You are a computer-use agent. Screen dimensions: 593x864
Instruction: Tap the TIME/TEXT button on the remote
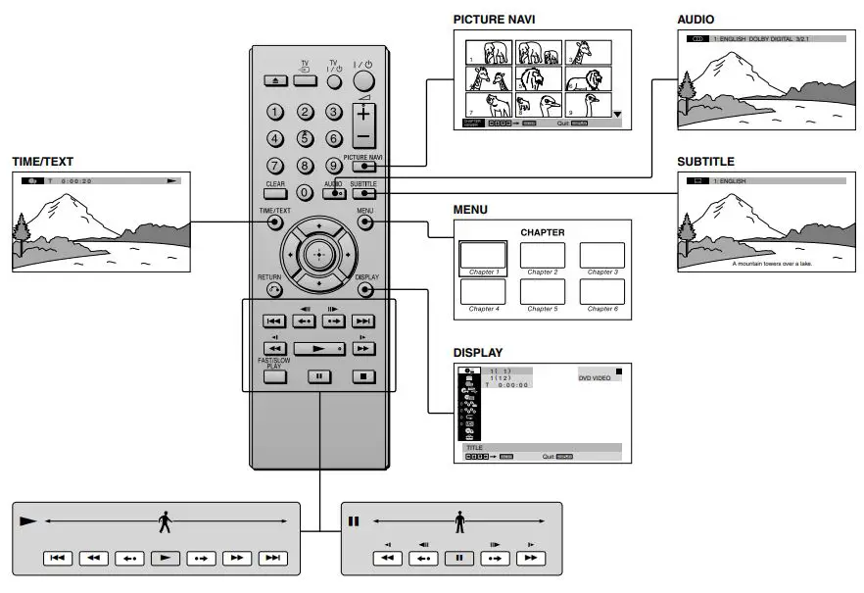click(x=274, y=222)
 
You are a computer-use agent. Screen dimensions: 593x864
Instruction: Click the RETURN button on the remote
click(x=273, y=289)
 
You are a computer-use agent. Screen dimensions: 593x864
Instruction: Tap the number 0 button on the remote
click(x=305, y=192)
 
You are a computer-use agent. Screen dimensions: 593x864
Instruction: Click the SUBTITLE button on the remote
click(x=363, y=193)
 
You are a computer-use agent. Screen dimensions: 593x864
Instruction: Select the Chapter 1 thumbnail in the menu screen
click(x=483, y=255)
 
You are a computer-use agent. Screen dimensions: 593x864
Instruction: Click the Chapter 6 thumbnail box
click(x=601, y=291)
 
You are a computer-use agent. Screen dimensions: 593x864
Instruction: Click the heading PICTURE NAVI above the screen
click(x=493, y=19)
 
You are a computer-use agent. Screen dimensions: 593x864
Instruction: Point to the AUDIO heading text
click(x=696, y=19)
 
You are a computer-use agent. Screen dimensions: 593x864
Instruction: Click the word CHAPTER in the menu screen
click(x=542, y=232)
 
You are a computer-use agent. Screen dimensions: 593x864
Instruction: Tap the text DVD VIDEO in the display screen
click(x=595, y=377)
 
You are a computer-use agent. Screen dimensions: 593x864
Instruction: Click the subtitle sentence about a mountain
click(x=772, y=263)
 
